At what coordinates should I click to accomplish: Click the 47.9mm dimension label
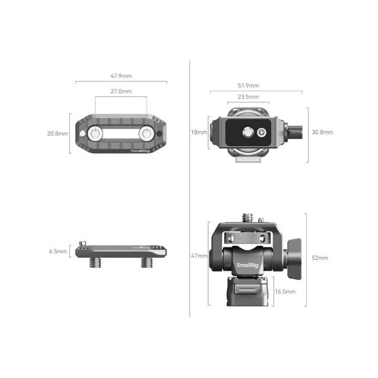coord(121,76)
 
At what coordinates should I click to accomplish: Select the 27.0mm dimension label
coord(121,91)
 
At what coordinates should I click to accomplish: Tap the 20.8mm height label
coord(57,133)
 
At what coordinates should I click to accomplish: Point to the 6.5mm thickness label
coord(58,251)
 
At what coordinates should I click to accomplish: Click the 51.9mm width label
coord(248,86)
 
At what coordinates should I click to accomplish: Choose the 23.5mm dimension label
coord(248,97)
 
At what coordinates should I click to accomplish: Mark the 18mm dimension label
coord(199,132)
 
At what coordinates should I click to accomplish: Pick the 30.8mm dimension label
coord(322,132)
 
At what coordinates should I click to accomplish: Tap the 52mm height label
coord(320,258)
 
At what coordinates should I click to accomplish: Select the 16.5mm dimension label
coord(285,291)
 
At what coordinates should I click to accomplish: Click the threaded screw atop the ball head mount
coord(248,217)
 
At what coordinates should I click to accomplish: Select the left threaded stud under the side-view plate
coord(97,262)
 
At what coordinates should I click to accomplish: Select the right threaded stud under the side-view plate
coord(145,262)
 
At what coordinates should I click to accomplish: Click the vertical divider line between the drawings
coord(189,189)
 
